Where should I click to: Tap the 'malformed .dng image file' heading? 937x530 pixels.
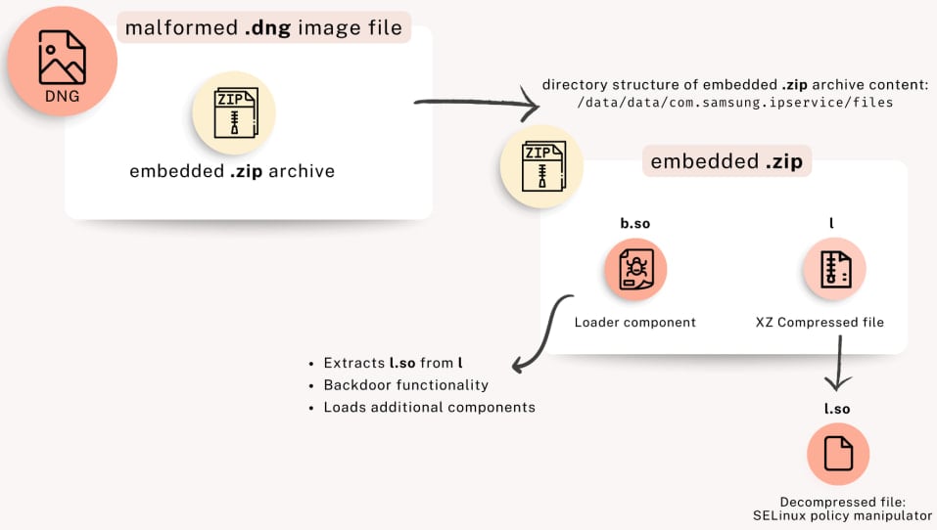(x=263, y=27)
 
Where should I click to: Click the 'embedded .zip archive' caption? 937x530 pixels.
(x=232, y=171)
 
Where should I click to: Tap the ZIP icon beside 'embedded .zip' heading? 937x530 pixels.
(x=541, y=165)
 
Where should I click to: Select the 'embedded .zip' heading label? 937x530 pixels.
(x=726, y=161)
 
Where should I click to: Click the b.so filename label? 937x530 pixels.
(x=635, y=224)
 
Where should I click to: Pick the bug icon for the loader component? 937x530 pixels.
(x=635, y=269)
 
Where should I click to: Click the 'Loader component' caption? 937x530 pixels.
(x=635, y=322)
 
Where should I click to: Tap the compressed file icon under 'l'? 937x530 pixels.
(x=834, y=269)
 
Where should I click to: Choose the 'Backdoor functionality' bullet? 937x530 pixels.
(x=405, y=385)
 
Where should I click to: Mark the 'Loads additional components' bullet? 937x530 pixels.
(x=429, y=407)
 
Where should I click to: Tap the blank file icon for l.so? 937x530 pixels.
(x=838, y=455)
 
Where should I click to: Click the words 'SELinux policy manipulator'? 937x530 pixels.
(x=842, y=515)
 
